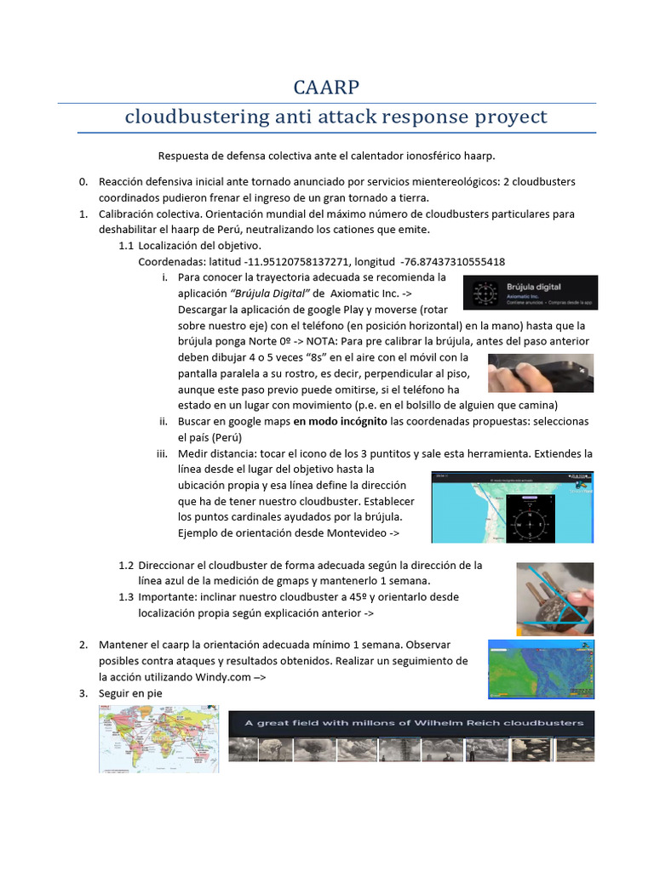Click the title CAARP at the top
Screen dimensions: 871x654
pyautogui.click(x=326, y=87)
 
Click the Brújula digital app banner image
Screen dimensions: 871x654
pyautogui.click(x=530, y=292)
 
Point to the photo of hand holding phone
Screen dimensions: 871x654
pyautogui.click(x=540, y=373)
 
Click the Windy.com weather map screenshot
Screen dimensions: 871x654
pyautogui.click(x=541, y=669)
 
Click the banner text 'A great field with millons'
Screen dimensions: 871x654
pyautogui.click(x=414, y=723)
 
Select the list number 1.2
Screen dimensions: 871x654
pyautogui.click(x=126, y=565)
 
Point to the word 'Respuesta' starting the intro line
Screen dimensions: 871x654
pyautogui.click(x=185, y=156)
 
